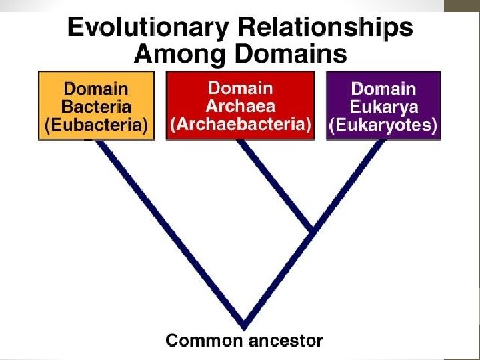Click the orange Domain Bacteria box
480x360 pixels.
tap(96, 105)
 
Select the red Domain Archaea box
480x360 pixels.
tap(240, 105)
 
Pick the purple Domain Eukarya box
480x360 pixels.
tap(383, 105)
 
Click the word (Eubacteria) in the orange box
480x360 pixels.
tap(96, 125)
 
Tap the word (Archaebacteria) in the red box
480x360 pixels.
tap(240, 125)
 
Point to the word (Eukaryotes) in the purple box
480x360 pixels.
tap(383, 125)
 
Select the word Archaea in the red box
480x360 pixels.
tap(240, 106)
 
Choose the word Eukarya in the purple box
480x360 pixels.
tap(383, 107)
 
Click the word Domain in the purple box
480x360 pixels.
tap(383, 89)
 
